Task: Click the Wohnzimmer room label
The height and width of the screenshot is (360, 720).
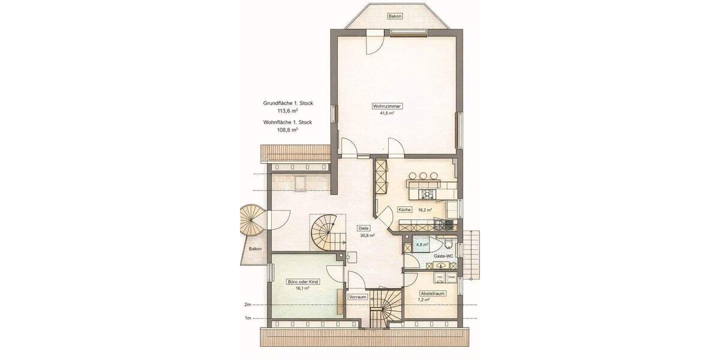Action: coord(386,106)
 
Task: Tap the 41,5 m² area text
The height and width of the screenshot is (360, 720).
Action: coord(386,113)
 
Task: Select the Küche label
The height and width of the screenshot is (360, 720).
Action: coord(404,210)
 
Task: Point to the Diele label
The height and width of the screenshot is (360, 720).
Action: coord(363,228)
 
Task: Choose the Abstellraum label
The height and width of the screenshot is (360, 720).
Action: coord(433,293)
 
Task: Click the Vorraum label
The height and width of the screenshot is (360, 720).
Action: coord(358,296)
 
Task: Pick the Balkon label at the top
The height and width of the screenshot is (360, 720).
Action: coord(395,16)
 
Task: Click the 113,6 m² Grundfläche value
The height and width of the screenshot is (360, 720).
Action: coord(287,111)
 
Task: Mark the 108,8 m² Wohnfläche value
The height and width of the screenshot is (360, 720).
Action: coord(287,129)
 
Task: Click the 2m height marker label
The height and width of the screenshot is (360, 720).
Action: coord(247,305)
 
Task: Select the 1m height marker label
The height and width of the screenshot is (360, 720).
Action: coord(247,318)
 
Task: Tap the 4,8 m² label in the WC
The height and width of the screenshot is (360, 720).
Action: coord(422,245)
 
